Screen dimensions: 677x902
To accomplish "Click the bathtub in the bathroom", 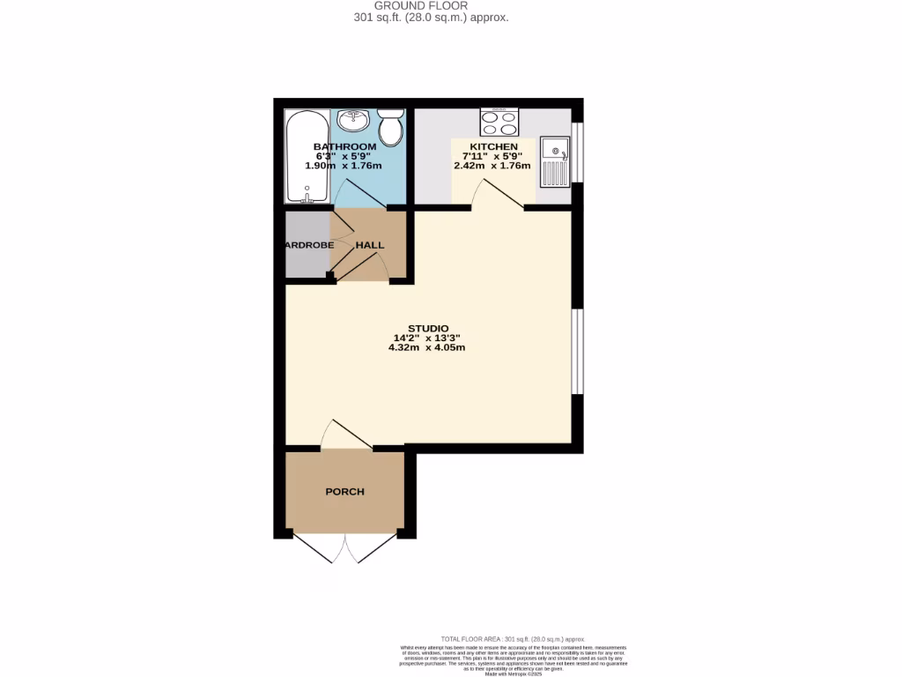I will pyautogui.click(x=307, y=157).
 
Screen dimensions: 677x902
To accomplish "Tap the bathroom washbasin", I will pyautogui.click(x=357, y=121).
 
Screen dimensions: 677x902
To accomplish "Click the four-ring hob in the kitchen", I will pyautogui.click(x=499, y=122).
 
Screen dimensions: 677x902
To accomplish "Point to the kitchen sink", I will pyautogui.click(x=555, y=162).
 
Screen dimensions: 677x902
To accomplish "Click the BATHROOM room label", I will pyautogui.click(x=344, y=146).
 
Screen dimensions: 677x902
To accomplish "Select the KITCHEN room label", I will pyautogui.click(x=493, y=146).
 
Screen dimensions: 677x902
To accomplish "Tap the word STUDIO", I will pyautogui.click(x=427, y=328).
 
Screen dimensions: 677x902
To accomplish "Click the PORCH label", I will pyautogui.click(x=344, y=492).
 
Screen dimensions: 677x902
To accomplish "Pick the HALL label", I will pyautogui.click(x=370, y=245).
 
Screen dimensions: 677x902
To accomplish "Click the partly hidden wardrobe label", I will pyautogui.click(x=308, y=245).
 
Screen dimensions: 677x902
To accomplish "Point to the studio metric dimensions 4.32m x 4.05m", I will pyautogui.click(x=427, y=347).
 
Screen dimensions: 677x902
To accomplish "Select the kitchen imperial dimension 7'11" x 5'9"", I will pyautogui.click(x=493, y=156).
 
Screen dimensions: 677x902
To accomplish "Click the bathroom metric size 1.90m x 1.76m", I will pyautogui.click(x=344, y=166).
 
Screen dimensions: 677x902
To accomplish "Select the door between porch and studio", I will pyautogui.click(x=346, y=435).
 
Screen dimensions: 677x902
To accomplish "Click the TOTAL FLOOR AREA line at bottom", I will pyautogui.click(x=513, y=638).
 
